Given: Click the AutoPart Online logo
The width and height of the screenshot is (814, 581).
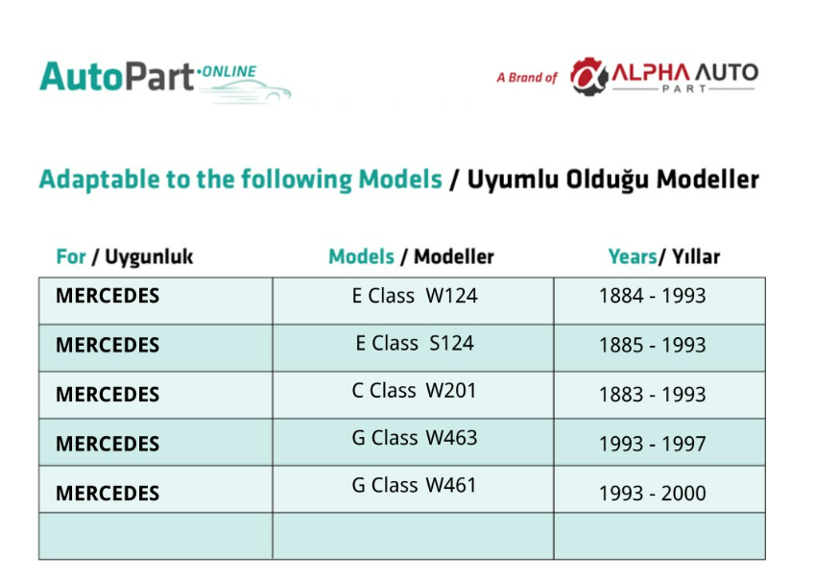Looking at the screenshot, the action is [165, 81].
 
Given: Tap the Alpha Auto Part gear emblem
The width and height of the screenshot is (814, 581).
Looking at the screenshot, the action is [589, 77].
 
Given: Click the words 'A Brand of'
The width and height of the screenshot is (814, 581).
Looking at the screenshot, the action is [526, 78].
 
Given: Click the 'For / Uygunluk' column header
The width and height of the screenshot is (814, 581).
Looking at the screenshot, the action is [125, 256].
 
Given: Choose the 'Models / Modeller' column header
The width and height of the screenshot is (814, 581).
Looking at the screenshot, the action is [411, 256].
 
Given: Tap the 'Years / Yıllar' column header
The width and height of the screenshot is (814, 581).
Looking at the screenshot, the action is [664, 256].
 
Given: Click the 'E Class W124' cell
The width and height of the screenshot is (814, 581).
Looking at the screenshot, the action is [415, 296].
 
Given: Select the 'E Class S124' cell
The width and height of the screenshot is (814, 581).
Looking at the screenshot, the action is [415, 343].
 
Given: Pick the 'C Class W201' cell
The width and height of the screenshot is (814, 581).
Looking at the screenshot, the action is [414, 391].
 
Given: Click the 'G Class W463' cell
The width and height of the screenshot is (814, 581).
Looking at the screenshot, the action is [415, 438].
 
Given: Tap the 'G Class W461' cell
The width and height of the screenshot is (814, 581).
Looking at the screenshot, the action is [414, 485].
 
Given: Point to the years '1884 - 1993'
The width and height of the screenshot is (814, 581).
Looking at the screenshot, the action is [653, 296].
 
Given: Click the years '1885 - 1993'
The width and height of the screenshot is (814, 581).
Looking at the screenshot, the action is [653, 346].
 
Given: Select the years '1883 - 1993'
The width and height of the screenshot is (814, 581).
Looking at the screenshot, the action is [653, 395].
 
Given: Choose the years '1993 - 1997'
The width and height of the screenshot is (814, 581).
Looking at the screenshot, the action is [653, 444].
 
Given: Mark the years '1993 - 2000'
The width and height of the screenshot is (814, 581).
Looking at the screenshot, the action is [653, 494].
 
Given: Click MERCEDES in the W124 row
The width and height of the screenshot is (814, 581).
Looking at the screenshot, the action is [108, 296].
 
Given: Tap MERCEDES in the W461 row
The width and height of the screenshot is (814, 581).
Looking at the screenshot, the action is [108, 494].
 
